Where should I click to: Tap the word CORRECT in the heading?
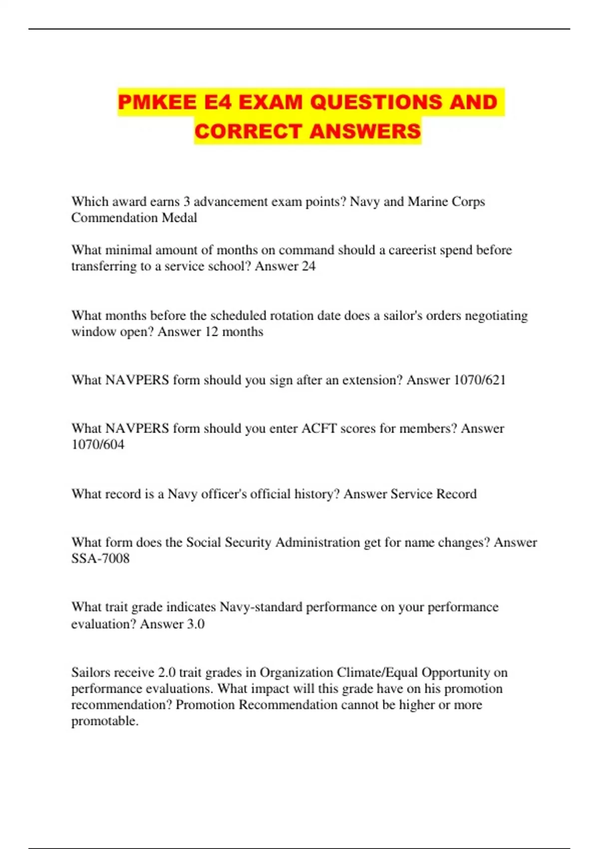tap(248, 131)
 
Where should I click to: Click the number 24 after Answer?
tap(308, 266)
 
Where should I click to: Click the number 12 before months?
tap(212, 332)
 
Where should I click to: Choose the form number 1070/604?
tap(98, 444)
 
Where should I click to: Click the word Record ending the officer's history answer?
tap(456, 494)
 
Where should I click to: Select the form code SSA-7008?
tap(100, 558)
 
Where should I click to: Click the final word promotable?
tap(105, 721)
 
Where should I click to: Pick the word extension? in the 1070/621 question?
tap(371, 380)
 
